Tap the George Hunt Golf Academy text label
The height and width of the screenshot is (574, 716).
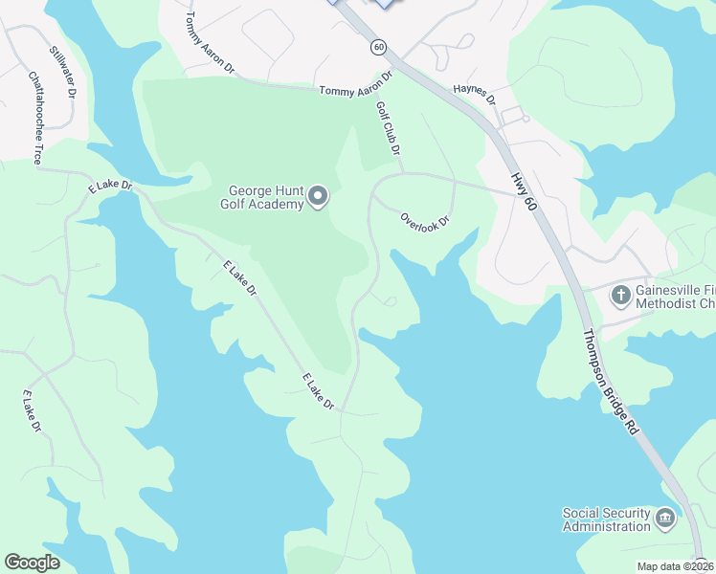tap(265, 197)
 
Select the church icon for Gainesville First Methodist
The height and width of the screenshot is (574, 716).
tap(620, 296)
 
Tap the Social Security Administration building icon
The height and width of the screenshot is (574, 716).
tap(665, 519)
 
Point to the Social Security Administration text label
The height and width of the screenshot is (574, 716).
tap(607, 519)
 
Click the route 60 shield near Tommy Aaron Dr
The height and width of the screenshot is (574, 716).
tap(379, 46)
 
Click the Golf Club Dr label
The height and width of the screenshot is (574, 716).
tap(389, 128)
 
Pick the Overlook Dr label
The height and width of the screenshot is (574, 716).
tap(425, 219)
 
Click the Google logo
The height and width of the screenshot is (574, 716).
tap(32, 563)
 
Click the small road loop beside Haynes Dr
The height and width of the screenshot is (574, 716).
tap(514, 116)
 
